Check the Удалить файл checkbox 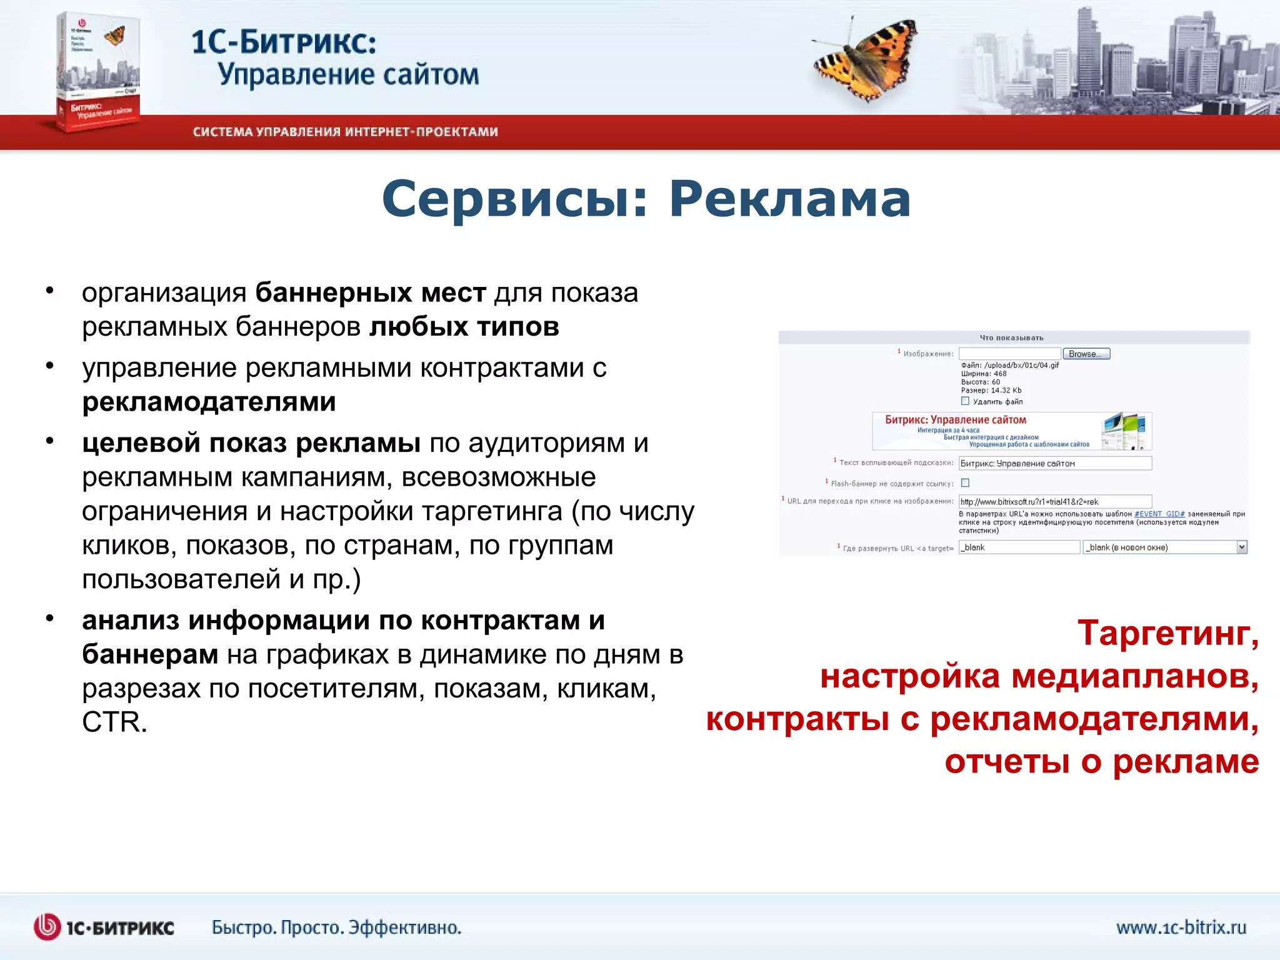tap(965, 401)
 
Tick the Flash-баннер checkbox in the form tap(965, 482)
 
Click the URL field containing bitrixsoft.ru tap(1055, 501)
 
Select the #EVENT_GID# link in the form tap(1159, 514)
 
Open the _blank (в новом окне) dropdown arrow tap(1241, 547)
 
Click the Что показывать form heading tap(1011, 338)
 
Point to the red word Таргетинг tap(1167, 633)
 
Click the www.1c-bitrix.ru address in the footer tap(1181, 927)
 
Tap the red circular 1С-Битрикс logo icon tap(47, 927)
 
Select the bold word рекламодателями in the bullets tap(209, 402)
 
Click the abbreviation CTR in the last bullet tap(114, 722)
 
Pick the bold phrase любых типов tap(464, 327)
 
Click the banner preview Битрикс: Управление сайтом tap(1011, 431)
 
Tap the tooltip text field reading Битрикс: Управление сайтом tap(1055, 463)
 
